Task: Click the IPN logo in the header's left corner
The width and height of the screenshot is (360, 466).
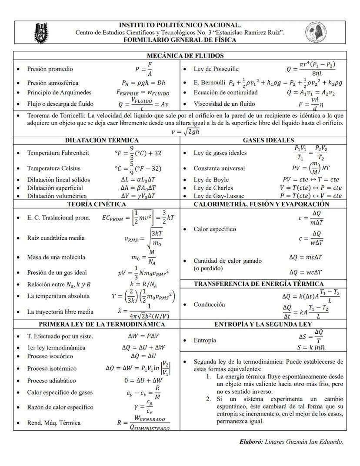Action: pyautogui.click(x=41, y=32)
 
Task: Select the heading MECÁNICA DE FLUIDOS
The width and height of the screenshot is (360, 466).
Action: pyautogui.click(x=180, y=56)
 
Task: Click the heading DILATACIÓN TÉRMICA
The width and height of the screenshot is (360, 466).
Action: pyautogui.click(x=102, y=140)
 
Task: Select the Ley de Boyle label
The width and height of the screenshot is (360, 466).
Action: pyautogui.click(x=211, y=180)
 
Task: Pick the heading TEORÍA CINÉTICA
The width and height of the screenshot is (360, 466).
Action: pyautogui.click(x=96, y=204)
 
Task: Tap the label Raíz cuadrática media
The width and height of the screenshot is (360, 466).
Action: pyautogui.click(x=56, y=238)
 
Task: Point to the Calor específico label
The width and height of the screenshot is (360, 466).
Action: pyautogui.click(x=215, y=229)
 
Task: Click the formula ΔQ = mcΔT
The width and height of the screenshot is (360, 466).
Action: pyautogui.click(x=305, y=257)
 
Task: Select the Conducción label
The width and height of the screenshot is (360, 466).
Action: pyautogui.click(x=209, y=305)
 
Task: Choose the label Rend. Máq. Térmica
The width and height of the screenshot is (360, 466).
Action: pyautogui.click(x=54, y=423)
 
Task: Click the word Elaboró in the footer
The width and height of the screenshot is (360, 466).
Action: pyautogui.click(x=251, y=442)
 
